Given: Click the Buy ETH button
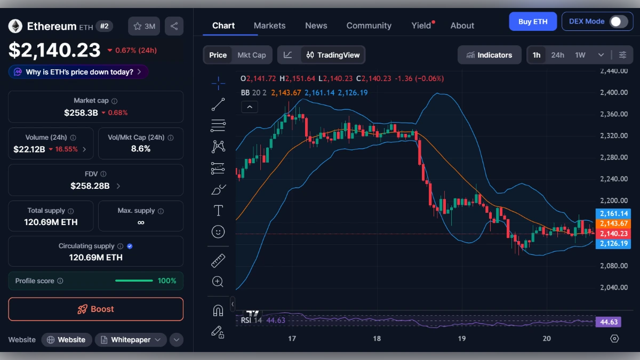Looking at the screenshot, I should click(533, 22).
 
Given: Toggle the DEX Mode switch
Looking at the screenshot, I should click(618, 22).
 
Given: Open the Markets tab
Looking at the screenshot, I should click(269, 26).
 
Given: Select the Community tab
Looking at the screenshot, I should click(369, 26).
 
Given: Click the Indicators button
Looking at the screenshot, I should click(489, 55).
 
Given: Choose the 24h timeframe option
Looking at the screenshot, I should click(557, 55).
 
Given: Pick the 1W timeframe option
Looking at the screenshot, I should click(580, 55).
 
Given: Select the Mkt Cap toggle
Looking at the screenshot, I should click(251, 55).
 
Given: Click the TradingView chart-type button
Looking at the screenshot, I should click(333, 55).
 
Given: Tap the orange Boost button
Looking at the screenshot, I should click(95, 309).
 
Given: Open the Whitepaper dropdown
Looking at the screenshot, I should click(131, 340).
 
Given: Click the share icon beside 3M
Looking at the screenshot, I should click(174, 26).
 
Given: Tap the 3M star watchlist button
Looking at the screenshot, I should click(144, 26).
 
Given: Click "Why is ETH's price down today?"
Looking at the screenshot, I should click(79, 72).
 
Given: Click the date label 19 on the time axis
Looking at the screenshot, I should click(461, 339).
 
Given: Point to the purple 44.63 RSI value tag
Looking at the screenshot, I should click(609, 322).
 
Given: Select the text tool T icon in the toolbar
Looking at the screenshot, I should click(218, 211).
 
